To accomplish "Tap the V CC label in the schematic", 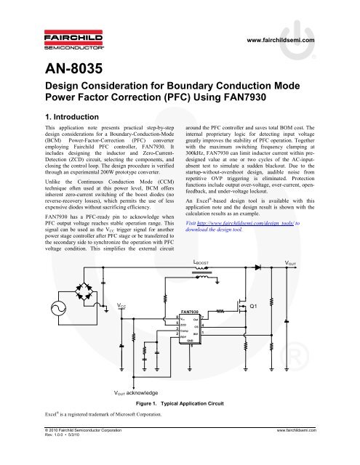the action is pos(124,308).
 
